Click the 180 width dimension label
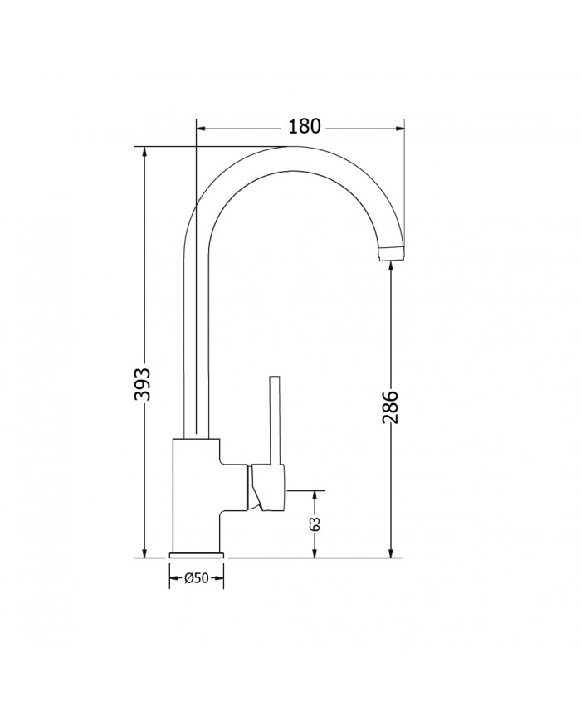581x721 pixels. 304,127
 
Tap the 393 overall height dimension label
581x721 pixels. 143,384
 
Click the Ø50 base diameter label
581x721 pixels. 196,578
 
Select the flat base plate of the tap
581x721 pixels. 196,553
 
